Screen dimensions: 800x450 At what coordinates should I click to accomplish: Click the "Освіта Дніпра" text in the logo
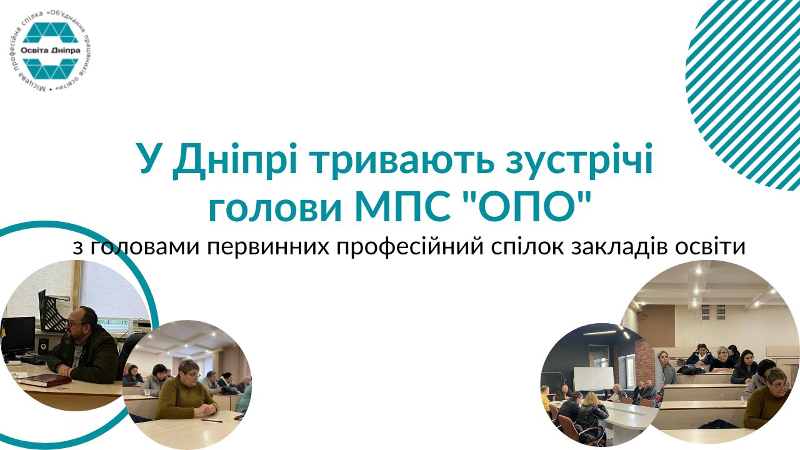51,51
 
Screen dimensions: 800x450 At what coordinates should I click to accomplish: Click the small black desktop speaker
43,346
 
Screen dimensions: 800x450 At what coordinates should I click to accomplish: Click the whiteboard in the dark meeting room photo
594,379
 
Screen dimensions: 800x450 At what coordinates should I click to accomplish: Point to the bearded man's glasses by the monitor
76,324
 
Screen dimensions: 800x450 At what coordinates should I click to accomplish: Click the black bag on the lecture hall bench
687,369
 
